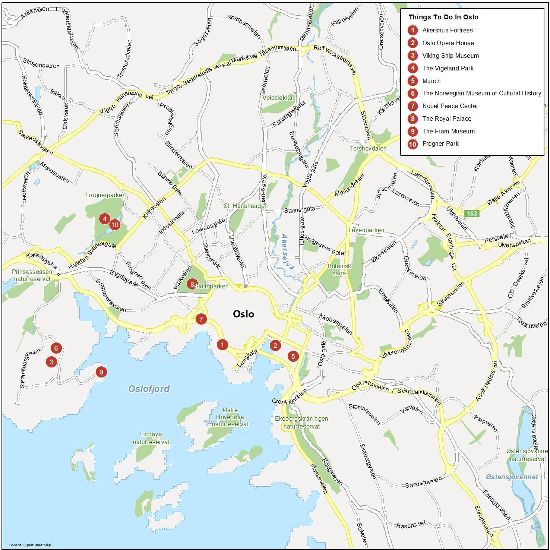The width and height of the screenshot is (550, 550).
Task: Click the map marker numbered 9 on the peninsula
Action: pos(101,372)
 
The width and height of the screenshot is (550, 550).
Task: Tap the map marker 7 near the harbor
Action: pos(201,319)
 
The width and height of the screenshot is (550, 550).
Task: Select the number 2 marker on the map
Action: pos(275,345)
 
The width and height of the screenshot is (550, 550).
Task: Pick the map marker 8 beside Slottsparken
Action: pos(192,285)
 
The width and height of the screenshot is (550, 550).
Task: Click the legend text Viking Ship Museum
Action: pos(450,56)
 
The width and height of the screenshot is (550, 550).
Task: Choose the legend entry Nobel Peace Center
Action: pos(450,106)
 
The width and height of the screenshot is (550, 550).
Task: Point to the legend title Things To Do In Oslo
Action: pos(443,17)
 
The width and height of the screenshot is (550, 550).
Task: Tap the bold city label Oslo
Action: pos(243,314)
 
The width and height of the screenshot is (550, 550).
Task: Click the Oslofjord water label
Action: pos(149,389)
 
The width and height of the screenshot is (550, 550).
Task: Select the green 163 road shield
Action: pos(472,214)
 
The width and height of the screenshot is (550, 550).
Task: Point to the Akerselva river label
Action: pos(287,252)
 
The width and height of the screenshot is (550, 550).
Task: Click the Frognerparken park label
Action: pos(105,195)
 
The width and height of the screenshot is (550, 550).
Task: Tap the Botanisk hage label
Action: pos(339,270)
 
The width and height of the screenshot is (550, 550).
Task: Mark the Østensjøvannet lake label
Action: pos(512,477)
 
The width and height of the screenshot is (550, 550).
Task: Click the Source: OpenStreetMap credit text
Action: pos(30,545)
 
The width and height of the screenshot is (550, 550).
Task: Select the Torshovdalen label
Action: pos(368,148)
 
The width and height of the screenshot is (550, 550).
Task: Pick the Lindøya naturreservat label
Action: pos(151,438)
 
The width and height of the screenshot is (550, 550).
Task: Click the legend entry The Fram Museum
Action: pos(448,131)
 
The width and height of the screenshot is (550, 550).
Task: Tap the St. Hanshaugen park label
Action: pos(245,206)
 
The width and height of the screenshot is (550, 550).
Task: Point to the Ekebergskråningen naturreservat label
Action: pos(301,423)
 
